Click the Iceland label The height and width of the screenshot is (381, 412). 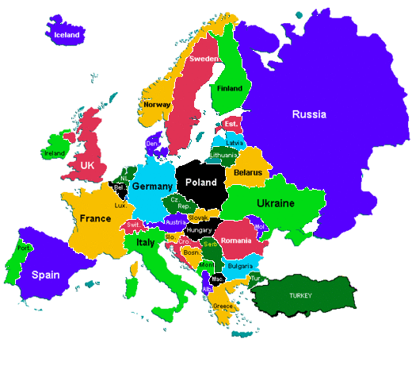67,35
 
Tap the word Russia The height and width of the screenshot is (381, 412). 308,114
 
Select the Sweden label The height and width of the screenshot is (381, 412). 204,60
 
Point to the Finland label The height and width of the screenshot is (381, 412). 230,89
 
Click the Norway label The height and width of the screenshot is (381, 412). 157,104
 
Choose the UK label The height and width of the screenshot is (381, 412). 87,164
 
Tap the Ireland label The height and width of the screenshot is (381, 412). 55,153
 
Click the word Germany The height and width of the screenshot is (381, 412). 151,187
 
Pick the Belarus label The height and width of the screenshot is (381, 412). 248,172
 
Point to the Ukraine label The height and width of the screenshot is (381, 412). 275,204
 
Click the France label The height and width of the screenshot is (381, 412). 95,217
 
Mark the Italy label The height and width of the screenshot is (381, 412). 145,242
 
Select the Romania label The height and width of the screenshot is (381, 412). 236,241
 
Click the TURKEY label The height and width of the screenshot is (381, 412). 300,295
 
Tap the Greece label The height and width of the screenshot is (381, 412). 223,306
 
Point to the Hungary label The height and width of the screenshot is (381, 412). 200,230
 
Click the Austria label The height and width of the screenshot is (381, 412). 175,222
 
